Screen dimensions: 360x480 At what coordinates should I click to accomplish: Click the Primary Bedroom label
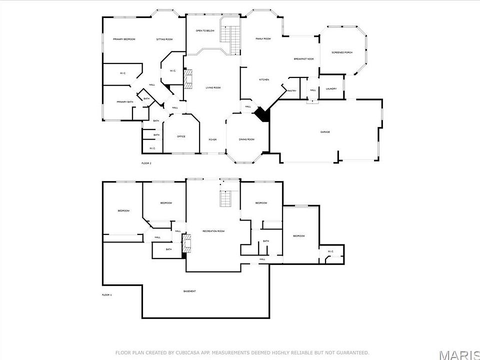tap(124, 39)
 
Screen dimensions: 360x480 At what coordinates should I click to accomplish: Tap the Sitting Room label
tap(164, 39)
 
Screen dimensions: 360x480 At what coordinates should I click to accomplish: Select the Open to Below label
tap(205, 31)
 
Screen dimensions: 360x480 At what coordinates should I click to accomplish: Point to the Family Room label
tap(263, 38)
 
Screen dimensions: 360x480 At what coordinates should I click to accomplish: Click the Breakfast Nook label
tap(303, 59)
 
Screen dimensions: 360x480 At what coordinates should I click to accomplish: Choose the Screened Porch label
tap(342, 52)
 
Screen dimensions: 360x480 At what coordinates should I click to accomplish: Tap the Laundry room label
tap(331, 89)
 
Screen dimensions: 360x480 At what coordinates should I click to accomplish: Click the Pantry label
tap(292, 90)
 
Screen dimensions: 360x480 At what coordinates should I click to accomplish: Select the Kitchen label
tap(264, 80)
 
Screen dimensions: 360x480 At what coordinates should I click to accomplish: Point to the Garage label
tap(325, 132)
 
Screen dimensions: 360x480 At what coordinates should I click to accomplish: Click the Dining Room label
tap(246, 139)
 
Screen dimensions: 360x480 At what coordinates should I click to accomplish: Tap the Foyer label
tap(212, 139)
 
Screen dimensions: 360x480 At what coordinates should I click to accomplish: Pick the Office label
tap(181, 136)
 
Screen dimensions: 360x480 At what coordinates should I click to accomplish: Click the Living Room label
tap(213, 88)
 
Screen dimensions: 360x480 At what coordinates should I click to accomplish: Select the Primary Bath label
tap(125, 102)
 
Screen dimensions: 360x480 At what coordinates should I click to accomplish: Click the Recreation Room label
tap(213, 231)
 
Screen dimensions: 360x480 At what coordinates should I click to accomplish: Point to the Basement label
tap(189, 291)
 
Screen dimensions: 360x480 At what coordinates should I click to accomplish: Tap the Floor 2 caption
tap(146, 163)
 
